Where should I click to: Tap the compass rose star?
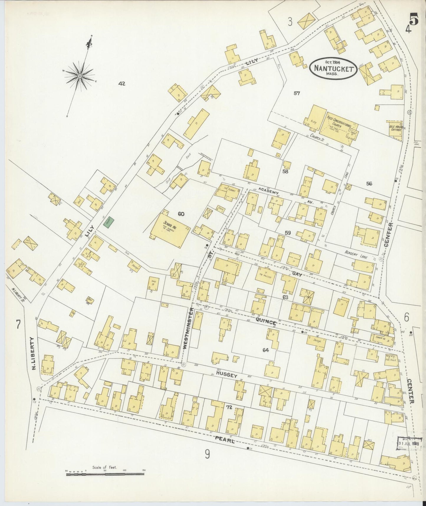point(80,76)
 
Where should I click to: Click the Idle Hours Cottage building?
point(396,129)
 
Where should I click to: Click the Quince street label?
point(266,321)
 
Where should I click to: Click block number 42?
point(122,84)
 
